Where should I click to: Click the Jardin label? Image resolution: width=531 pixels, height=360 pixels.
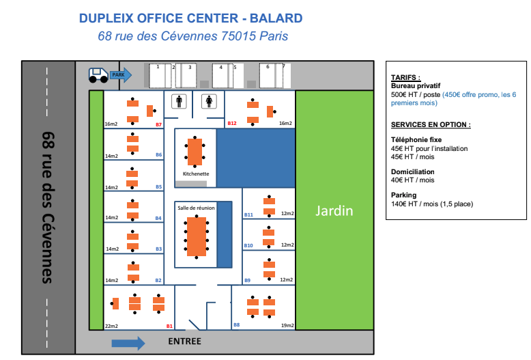click(334, 211)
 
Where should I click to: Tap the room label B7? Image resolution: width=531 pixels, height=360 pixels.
click(158, 124)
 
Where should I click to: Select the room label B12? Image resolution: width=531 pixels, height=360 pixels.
click(232, 124)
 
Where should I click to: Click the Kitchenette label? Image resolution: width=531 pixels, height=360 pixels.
click(195, 174)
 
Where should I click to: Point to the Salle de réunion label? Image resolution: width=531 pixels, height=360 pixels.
click(196, 208)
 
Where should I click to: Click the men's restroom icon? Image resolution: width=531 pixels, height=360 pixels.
click(180, 101)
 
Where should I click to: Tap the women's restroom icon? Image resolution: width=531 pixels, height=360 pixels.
click(209, 101)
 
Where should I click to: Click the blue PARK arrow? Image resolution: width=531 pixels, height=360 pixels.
click(120, 74)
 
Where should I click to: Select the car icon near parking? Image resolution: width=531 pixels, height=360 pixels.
click(98, 74)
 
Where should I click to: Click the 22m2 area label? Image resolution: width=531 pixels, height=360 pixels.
click(111, 327)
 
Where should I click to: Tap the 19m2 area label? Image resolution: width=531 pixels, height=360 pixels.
click(287, 326)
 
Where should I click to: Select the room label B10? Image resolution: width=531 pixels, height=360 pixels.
click(248, 245)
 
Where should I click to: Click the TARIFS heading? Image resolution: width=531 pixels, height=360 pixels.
click(405, 78)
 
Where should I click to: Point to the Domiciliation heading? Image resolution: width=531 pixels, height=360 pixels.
click(413, 172)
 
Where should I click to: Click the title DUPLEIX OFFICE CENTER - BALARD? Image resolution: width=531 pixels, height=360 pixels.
click(190, 18)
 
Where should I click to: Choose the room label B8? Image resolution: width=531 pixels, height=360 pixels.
click(236, 325)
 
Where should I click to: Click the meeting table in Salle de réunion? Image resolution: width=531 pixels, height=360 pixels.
click(197, 235)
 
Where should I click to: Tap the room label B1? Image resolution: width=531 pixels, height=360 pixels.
click(169, 327)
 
